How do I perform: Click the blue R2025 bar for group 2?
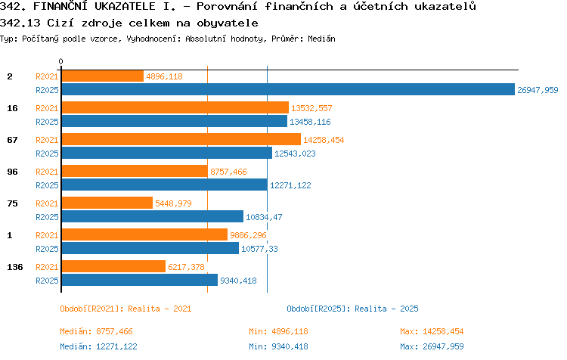coord(288,89)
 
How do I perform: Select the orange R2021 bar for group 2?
coord(103,76)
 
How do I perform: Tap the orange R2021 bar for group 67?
coord(181,139)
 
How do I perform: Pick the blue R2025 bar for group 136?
coord(140,280)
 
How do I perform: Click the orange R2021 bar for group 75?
coord(107,203)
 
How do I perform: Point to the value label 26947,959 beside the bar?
coord(538,90)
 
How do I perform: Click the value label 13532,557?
coord(311,108)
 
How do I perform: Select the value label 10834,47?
coord(264,217)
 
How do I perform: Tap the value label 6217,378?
coord(186,267)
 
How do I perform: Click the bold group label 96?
coord(12,172)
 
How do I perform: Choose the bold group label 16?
coord(12,108)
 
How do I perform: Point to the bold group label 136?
coord(15,267)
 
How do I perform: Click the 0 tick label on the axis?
coord(60,61)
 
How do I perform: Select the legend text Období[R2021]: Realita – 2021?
coord(125,309)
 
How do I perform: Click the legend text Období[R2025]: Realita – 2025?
coord(352,309)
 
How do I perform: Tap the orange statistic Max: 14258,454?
coord(432,331)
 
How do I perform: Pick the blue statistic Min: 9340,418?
coord(278,346)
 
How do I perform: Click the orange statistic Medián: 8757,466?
coord(96,331)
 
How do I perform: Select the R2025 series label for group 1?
coord(47,249)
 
